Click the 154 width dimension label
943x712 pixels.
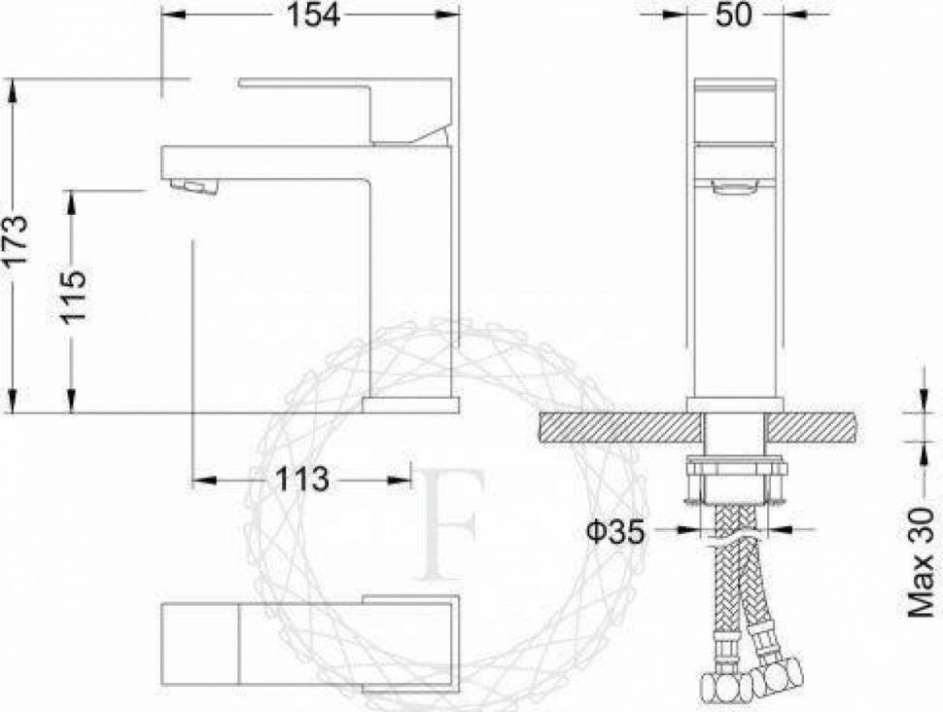(313, 15)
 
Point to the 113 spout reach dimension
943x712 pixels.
(302, 480)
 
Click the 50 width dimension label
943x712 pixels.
(734, 15)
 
